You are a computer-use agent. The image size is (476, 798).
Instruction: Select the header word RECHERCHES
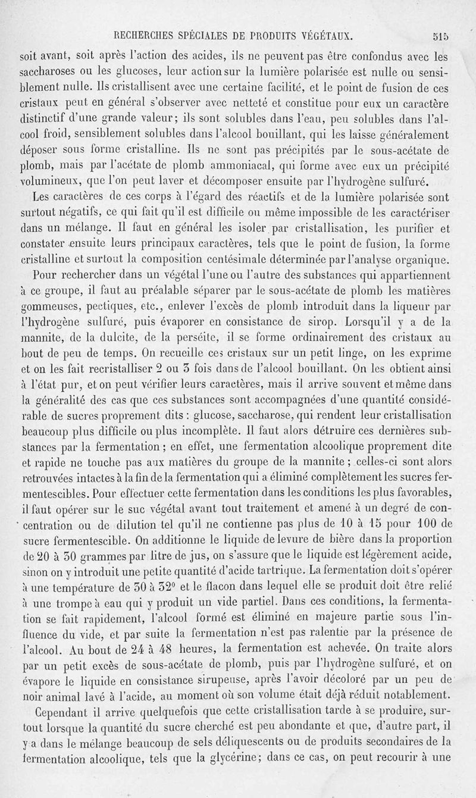[x=143, y=35]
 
